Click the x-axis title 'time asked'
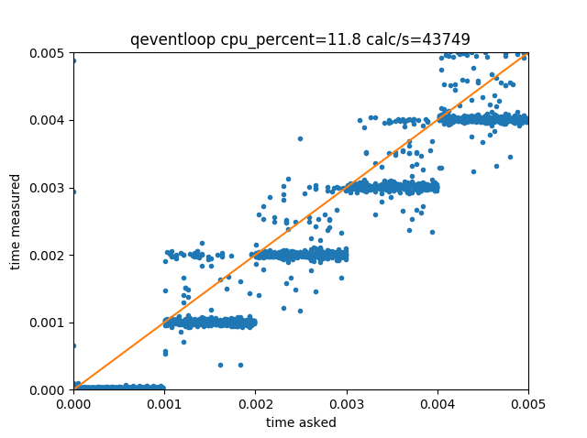tap(301, 422)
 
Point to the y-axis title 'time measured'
tap(16, 222)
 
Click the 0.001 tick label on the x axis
tap(164, 404)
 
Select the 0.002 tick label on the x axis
tap(255, 404)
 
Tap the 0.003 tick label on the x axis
tap(346, 404)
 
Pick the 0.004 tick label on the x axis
tap(437, 404)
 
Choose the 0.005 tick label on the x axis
tap(527, 404)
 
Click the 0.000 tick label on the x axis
tap(73, 404)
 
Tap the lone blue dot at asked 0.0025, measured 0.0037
tap(300, 138)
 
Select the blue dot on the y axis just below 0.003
tap(73, 191)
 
